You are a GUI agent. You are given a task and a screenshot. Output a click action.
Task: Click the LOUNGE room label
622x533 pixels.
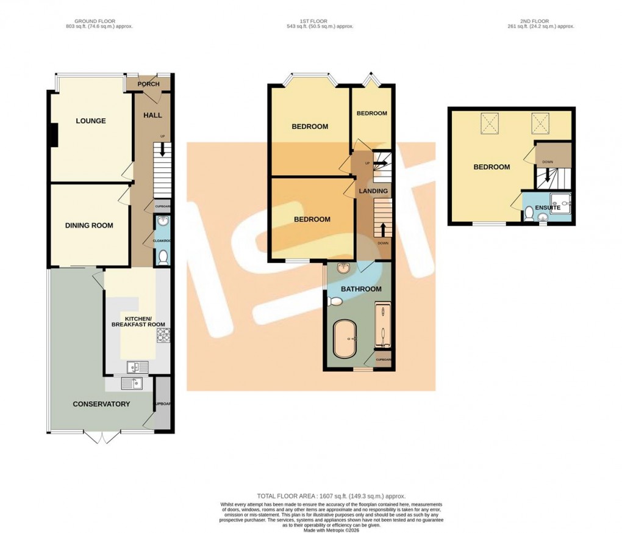click(x=91, y=121)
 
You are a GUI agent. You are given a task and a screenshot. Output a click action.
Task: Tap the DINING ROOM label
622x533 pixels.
click(x=89, y=225)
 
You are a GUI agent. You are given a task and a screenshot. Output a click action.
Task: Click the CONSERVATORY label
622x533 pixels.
click(x=101, y=404)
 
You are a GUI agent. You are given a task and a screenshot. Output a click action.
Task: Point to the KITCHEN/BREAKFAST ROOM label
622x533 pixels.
click(x=137, y=322)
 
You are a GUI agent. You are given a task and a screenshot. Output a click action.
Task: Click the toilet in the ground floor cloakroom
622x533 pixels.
click(x=163, y=258)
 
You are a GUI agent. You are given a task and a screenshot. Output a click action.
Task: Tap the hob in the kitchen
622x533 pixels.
click(x=163, y=334)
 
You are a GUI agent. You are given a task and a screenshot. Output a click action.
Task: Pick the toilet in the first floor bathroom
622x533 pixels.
click(x=335, y=301)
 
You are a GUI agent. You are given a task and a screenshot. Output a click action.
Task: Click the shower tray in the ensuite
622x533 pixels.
click(x=560, y=203)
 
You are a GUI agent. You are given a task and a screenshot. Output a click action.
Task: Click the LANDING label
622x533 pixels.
click(x=373, y=191)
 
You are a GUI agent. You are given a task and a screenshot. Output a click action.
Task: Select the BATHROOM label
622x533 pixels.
click(x=361, y=289)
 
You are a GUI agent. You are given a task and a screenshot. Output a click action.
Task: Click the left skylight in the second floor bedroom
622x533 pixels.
click(x=489, y=124)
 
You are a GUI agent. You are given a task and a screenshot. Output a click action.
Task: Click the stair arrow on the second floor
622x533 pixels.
click(x=546, y=176)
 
